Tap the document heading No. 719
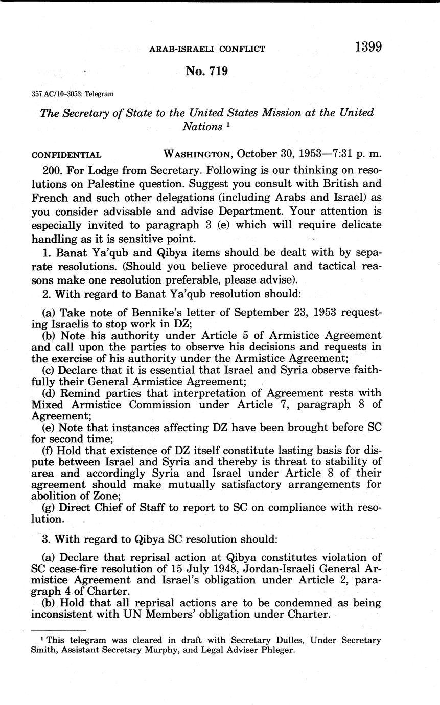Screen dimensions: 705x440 click(x=207, y=71)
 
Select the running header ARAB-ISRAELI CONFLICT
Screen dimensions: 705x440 click(x=207, y=49)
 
